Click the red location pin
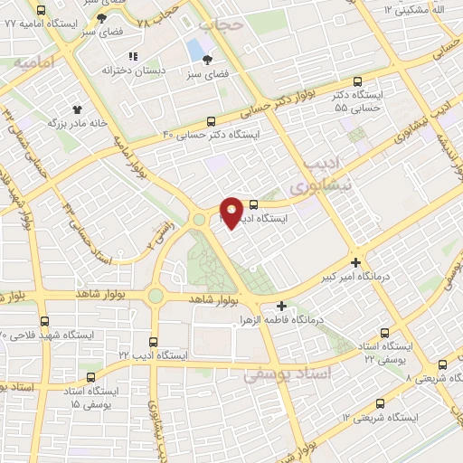[x=231, y=212]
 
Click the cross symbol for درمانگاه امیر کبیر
[x=357, y=263]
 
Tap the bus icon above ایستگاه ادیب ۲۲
[x=153, y=342]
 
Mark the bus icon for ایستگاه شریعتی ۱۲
[x=381, y=403]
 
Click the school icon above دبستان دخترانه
[x=133, y=56]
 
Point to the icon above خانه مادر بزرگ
[x=89, y=109]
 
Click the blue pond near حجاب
[x=195, y=48]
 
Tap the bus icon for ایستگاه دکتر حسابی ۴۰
[x=212, y=121]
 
